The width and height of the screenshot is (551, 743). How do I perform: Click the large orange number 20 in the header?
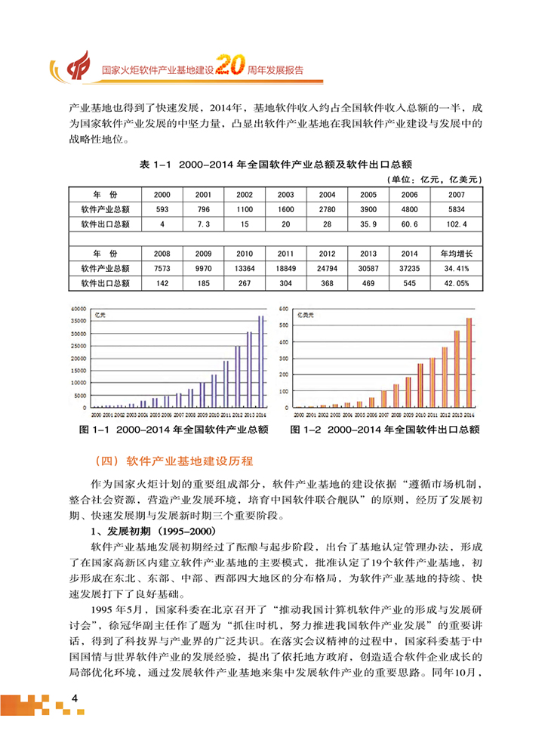click(x=229, y=66)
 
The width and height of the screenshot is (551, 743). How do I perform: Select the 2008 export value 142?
click(x=162, y=283)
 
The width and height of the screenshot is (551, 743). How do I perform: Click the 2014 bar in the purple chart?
click(x=261, y=361)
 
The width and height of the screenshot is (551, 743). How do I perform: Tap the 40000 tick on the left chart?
click(x=78, y=310)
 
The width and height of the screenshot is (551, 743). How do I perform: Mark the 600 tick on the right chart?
click(x=285, y=310)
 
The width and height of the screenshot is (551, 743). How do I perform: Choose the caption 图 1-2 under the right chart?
click(x=385, y=430)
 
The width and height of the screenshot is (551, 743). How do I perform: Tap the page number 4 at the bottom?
click(x=74, y=697)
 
